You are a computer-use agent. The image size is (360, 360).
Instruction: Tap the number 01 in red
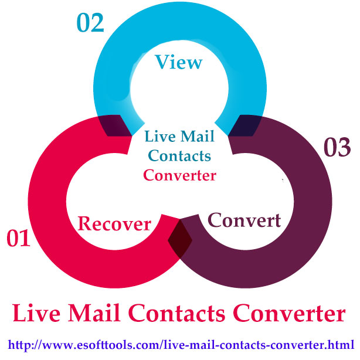point(19,239)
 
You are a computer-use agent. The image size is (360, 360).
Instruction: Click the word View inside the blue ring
point(179,62)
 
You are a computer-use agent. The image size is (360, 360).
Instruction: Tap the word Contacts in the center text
point(179,157)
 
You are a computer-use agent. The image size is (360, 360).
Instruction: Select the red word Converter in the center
point(179,174)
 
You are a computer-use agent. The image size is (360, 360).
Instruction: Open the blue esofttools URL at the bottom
point(180,344)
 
